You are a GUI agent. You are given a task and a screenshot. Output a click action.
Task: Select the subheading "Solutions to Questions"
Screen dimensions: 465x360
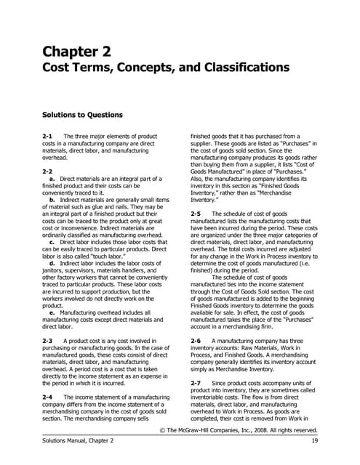pos(83,114)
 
